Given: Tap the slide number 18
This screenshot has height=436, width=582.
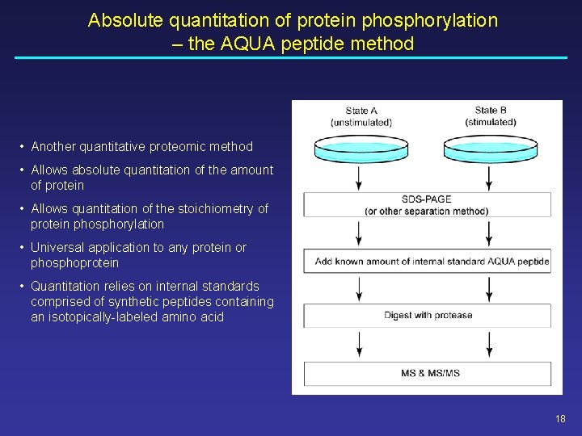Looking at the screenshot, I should point(561,418).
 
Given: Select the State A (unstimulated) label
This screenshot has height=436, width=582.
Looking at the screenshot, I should point(361,116).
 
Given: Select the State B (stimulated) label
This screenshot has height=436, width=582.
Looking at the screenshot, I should point(491,116).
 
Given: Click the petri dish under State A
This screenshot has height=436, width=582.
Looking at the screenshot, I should point(360,148).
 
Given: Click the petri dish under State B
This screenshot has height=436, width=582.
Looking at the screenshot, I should point(490,148).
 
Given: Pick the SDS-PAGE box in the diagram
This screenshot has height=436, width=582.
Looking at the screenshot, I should point(427,205).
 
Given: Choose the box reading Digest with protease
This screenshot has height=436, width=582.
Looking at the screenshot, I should point(427,316).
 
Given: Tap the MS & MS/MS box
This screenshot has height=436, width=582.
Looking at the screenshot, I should point(427,373).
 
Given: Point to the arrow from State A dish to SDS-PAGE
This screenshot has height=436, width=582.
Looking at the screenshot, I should point(360,178).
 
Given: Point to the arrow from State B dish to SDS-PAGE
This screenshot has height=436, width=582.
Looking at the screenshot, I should point(490,178).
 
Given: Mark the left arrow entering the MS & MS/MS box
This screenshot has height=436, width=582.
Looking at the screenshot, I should point(360,346).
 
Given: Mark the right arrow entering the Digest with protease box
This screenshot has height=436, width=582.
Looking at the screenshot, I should point(490,289).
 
